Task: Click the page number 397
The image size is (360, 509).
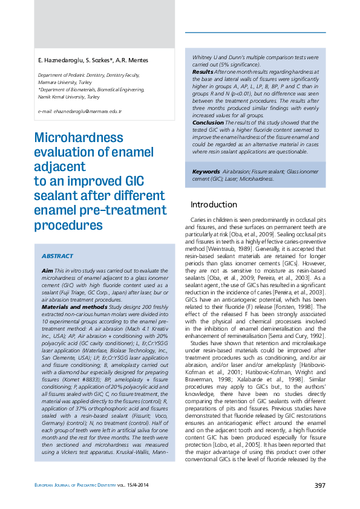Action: coord(320,485)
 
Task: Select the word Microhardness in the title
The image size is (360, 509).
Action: coord(79,138)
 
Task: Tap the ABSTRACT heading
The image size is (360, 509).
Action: coord(57,256)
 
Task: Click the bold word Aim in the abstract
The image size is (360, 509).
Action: coord(47,270)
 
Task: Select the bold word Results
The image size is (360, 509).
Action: coord(203,71)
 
